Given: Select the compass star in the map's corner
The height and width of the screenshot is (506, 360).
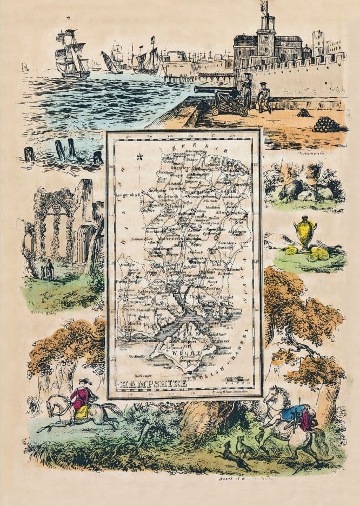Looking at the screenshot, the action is coord(140,157).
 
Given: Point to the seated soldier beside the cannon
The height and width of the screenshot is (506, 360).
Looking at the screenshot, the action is coord(263,97).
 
